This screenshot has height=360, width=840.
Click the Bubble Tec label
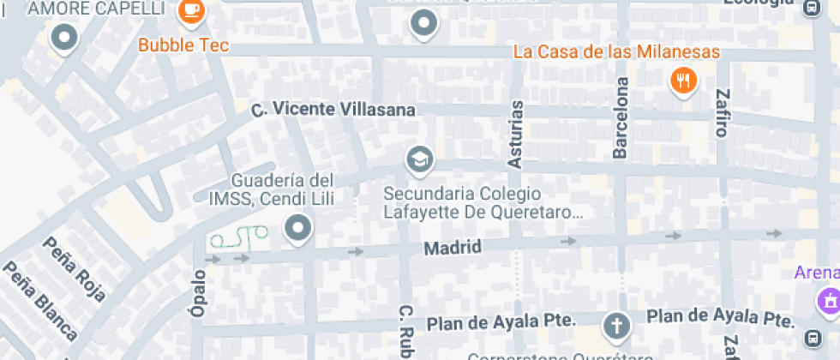coord(183,45)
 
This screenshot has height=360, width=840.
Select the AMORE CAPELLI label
coord(96,9)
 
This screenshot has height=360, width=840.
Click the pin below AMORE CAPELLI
coord(64,37)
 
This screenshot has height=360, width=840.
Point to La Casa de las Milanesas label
coord(616,51)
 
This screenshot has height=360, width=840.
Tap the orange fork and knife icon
coord(682,81)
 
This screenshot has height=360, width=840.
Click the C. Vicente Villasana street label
coord(333,111)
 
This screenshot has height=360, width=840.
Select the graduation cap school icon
coord(419,159)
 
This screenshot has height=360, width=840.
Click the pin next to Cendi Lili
coord(298,228)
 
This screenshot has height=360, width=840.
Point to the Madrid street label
coord(453,248)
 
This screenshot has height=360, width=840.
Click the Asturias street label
coord(516,133)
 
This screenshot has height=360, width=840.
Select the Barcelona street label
coord(621,118)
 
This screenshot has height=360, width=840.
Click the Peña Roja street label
coord(75,267)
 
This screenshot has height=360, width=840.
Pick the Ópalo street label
coord(199,295)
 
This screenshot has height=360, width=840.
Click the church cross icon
coord(615,325)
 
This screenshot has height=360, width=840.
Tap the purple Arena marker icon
coord(828,301)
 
